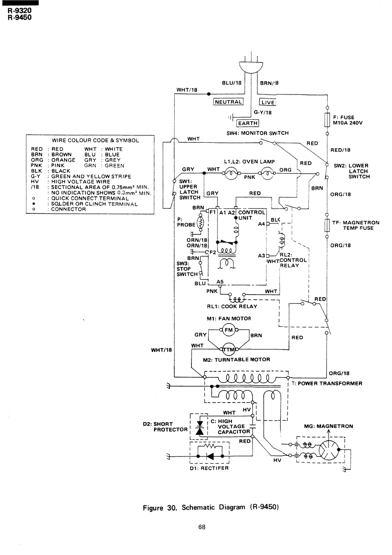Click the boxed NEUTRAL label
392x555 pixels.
228,102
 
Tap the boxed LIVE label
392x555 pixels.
268,102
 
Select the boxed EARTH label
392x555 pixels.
248,123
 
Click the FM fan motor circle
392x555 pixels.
229,330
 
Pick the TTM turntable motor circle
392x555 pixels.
229,350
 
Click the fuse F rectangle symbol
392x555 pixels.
327,120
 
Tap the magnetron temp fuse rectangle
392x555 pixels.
327,225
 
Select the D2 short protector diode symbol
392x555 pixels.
199,428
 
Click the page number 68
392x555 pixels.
202,527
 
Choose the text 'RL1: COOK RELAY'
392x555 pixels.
232,307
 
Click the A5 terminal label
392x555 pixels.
220,282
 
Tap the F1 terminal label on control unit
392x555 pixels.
213,212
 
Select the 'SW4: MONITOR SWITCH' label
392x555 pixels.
257,133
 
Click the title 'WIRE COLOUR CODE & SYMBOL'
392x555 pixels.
95,140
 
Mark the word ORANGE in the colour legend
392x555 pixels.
63,160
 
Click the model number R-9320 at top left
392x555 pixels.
19,11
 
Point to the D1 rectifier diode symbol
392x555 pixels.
210,456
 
